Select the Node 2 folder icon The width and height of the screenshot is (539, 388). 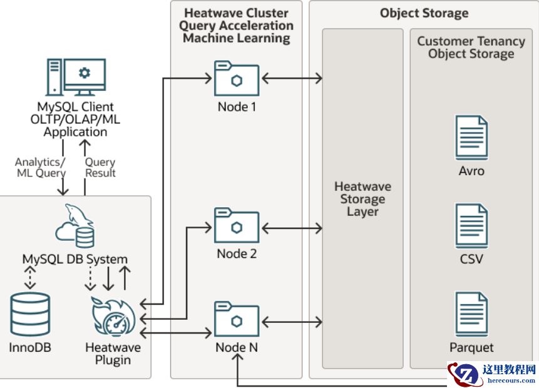point(237,226)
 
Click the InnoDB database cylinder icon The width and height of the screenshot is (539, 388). point(30,315)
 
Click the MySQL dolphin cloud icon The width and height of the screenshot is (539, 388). point(76,227)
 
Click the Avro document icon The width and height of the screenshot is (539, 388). point(471,138)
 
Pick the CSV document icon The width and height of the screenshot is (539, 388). point(471,227)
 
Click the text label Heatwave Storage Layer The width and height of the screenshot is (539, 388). point(362,199)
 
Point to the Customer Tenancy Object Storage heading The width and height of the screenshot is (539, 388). point(471,48)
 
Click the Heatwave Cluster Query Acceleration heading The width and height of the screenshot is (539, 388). point(236,26)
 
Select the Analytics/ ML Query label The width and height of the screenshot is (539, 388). point(41,167)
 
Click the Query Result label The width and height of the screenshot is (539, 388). point(100,167)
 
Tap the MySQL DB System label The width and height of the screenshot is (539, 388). point(75,259)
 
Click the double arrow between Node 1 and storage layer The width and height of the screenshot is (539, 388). point(292,78)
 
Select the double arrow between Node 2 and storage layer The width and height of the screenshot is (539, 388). point(292,226)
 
